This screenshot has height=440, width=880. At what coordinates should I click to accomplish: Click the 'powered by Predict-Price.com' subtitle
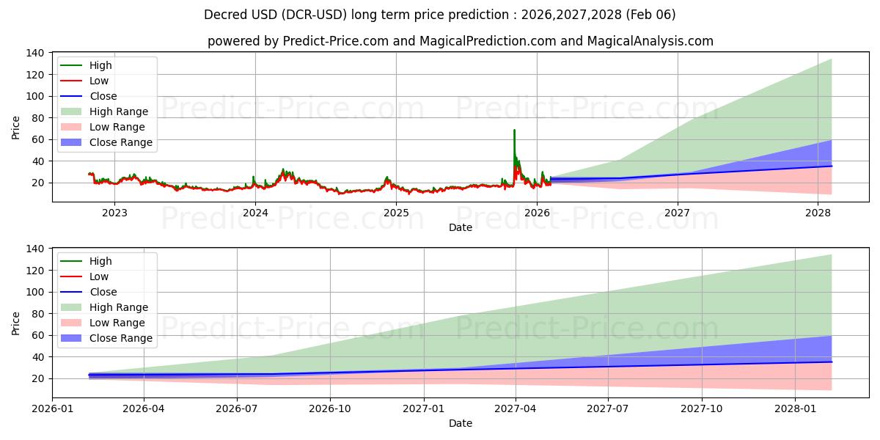(x=460, y=41)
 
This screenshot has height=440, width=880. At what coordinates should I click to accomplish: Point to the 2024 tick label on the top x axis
(x=255, y=213)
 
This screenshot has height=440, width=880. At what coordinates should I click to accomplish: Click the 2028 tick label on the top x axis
(x=818, y=213)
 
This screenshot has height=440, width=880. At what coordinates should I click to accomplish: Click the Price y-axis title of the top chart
(x=16, y=127)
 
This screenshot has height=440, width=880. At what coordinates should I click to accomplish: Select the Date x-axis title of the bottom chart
(x=460, y=423)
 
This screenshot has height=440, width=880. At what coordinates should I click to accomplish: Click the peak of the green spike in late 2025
(x=514, y=130)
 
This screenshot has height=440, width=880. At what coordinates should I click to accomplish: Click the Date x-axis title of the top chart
(x=460, y=227)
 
